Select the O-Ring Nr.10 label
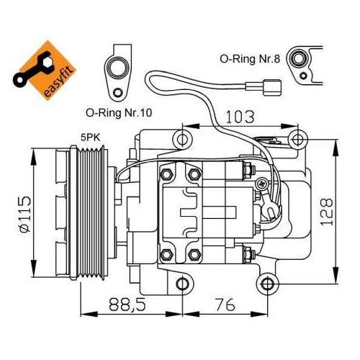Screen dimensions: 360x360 pyautogui.click(x=119, y=112)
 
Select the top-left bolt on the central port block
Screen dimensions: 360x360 pyautogui.click(x=166, y=174)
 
